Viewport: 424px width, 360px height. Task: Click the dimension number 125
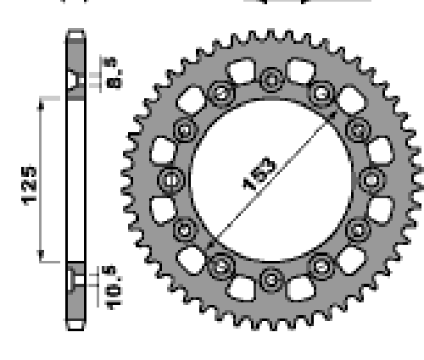pyautogui.click(x=29, y=186)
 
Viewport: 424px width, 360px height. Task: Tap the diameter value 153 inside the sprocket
pyautogui.click(x=259, y=174)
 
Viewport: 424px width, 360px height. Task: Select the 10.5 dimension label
pyautogui.click(x=114, y=288)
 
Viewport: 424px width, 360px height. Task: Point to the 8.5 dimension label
pyautogui.click(x=113, y=73)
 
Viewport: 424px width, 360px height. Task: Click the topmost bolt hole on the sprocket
pyautogui.click(x=271, y=80)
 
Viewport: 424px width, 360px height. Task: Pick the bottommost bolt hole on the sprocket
pyautogui.click(x=271, y=280)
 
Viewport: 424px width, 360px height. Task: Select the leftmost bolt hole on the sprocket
pyautogui.click(x=171, y=180)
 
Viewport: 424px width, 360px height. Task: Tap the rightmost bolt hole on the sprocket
pyautogui.click(x=372, y=180)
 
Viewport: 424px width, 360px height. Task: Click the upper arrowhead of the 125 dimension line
pyautogui.click(x=42, y=104)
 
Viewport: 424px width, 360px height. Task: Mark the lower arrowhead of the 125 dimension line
pyautogui.click(x=42, y=256)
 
